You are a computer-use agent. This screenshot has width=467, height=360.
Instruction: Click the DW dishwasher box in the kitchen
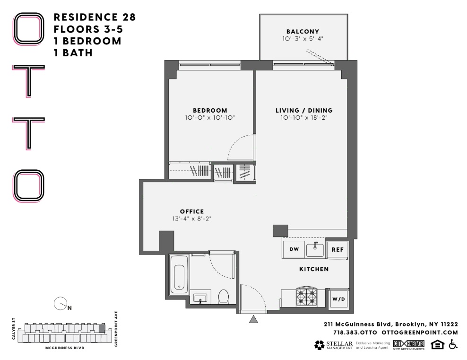click(294, 249)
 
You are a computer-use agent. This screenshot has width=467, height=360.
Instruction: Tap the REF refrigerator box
click(337, 249)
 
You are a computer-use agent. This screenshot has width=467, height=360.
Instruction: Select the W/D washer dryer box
click(338, 299)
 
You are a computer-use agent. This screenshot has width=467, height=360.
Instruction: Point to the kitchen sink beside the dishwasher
click(314, 249)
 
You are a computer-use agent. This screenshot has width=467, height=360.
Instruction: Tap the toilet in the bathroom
click(224, 297)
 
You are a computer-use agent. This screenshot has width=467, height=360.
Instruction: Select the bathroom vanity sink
click(201, 299)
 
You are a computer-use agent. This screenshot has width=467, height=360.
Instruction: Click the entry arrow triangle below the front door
click(254, 320)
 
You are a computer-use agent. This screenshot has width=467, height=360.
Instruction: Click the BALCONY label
click(299, 32)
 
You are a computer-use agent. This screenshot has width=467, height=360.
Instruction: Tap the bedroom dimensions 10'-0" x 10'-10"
click(210, 117)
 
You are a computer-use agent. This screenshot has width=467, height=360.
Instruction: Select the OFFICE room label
click(191, 211)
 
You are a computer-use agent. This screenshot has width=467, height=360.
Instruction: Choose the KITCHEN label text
click(314, 269)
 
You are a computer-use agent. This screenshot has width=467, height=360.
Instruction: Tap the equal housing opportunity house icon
click(438, 344)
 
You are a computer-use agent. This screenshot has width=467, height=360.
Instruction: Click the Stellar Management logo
click(333, 344)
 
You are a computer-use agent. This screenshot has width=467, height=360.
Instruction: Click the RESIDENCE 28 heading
click(95, 18)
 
